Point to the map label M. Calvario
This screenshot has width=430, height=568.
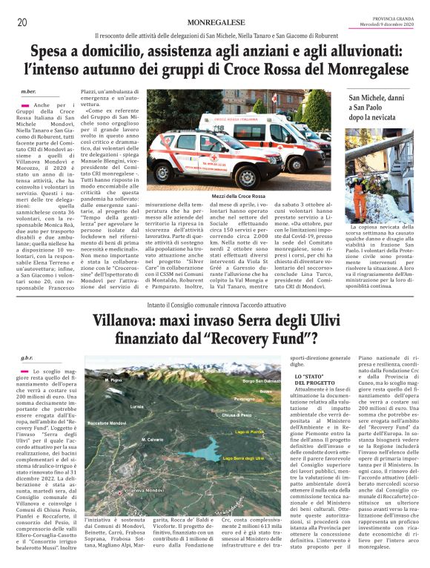(151, 419)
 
